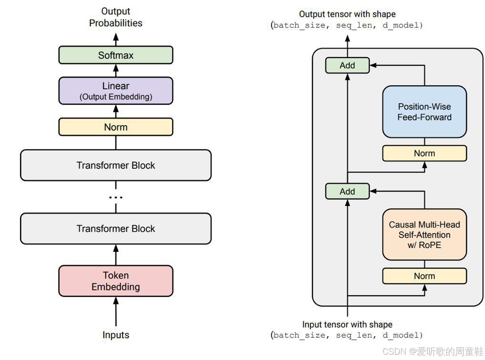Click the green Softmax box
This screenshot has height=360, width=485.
[x=115, y=55]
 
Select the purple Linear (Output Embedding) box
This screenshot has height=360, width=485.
[x=115, y=91]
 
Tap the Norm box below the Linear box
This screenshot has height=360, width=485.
[x=115, y=127]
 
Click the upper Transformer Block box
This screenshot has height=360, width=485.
[x=115, y=165]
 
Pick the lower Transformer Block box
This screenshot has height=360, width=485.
[x=115, y=228]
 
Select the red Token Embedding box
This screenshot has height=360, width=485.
[x=115, y=281]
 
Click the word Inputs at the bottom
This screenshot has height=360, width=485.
[x=115, y=335]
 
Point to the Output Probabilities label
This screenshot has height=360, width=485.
[x=115, y=17]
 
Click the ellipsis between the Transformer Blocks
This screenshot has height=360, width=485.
[x=115, y=197]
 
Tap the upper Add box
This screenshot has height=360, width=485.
[x=347, y=65]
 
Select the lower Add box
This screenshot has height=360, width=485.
[x=347, y=191]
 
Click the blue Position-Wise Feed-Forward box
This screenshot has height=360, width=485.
[x=424, y=112]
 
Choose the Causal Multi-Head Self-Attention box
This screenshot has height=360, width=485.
[x=424, y=235]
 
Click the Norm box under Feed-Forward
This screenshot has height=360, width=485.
[x=424, y=153]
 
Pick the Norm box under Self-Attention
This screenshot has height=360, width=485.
[x=424, y=276]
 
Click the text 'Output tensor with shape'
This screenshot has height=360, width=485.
[x=347, y=14]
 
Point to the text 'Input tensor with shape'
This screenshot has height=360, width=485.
[x=347, y=325]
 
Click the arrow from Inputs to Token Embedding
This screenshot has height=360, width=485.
[x=115, y=312]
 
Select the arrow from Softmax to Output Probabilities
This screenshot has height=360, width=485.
[x=115, y=38]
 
